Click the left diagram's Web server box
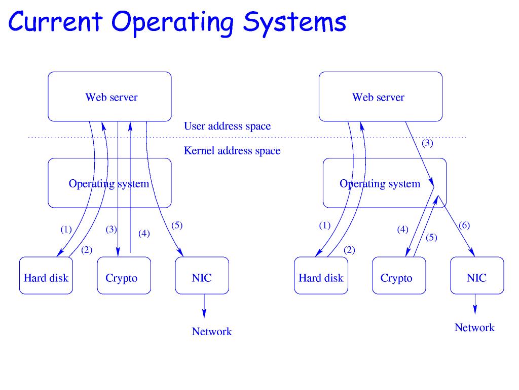109,96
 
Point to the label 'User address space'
227,126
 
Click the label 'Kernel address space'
232,151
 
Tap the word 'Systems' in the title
294,22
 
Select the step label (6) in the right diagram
464,225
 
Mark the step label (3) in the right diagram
427,143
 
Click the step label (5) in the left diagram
176,225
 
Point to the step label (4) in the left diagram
144,234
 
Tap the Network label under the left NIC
211,332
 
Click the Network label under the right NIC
474,328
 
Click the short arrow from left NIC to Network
204,306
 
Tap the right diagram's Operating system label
380,184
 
